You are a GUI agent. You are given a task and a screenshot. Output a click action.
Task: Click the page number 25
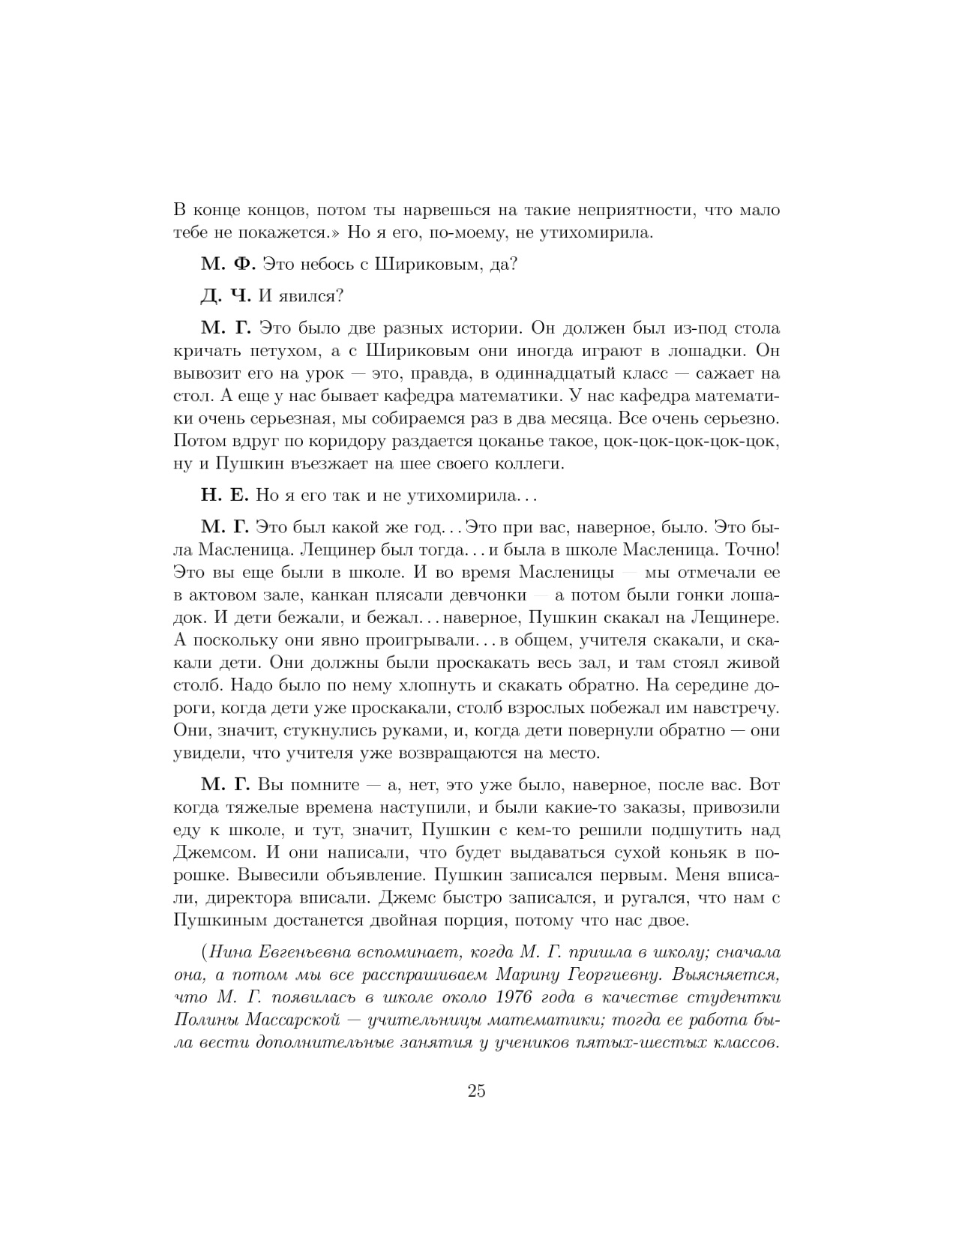coord(477,1091)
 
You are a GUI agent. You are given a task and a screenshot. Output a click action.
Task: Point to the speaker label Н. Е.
coord(225,496)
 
